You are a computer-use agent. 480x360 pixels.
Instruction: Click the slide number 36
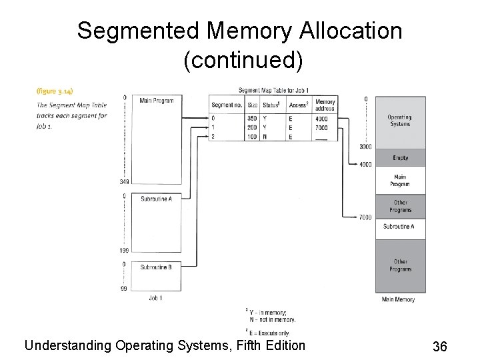click(x=439, y=346)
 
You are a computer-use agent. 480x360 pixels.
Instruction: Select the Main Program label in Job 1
click(x=157, y=101)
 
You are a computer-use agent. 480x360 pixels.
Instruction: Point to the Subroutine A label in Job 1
click(x=157, y=199)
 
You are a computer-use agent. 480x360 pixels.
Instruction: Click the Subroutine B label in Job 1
click(x=157, y=267)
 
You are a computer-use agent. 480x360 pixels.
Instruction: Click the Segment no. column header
click(x=226, y=105)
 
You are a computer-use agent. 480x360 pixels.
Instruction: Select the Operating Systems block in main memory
click(x=399, y=121)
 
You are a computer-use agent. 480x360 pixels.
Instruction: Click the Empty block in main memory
click(x=400, y=158)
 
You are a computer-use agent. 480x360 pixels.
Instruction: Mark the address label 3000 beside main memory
click(x=365, y=147)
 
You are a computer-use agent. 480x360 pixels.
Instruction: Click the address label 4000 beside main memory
click(x=365, y=164)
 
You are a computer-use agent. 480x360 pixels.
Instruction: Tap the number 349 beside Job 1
click(x=124, y=181)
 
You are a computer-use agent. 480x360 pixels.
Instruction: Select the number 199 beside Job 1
click(x=124, y=251)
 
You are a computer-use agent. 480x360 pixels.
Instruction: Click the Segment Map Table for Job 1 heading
click(x=273, y=91)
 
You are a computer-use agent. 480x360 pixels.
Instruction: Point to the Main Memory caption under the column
click(x=398, y=300)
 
